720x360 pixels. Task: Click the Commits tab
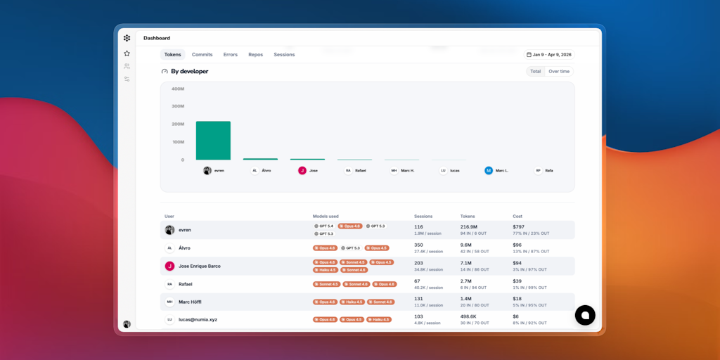[x=202, y=55]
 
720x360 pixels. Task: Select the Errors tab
[x=231, y=55]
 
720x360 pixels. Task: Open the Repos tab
[x=255, y=55]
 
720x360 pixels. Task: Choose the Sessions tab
[x=284, y=55]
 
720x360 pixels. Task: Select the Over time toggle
[x=559, y=72]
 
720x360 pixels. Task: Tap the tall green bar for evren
[x=213, y=141]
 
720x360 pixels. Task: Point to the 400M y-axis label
[x=178, y=89]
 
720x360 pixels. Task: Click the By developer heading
[x=189, y=72]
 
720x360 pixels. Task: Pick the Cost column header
[x=517, y=216]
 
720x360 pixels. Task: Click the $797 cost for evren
[x=519, y=227]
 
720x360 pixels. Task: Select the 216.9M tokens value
[x=469, y=227]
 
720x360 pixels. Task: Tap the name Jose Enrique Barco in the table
[x=200, y=266]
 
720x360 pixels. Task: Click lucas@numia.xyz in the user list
[x=198, y=320]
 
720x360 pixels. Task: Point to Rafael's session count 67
[x=418, y=281]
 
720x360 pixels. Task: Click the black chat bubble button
[x=585, y=315]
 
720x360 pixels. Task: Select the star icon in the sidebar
[x=127, y=53]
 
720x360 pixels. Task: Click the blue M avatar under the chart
[x=489, y=170]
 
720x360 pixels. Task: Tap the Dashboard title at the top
[x=157, y=38]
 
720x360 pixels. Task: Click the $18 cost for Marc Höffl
[x=517, y=299]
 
